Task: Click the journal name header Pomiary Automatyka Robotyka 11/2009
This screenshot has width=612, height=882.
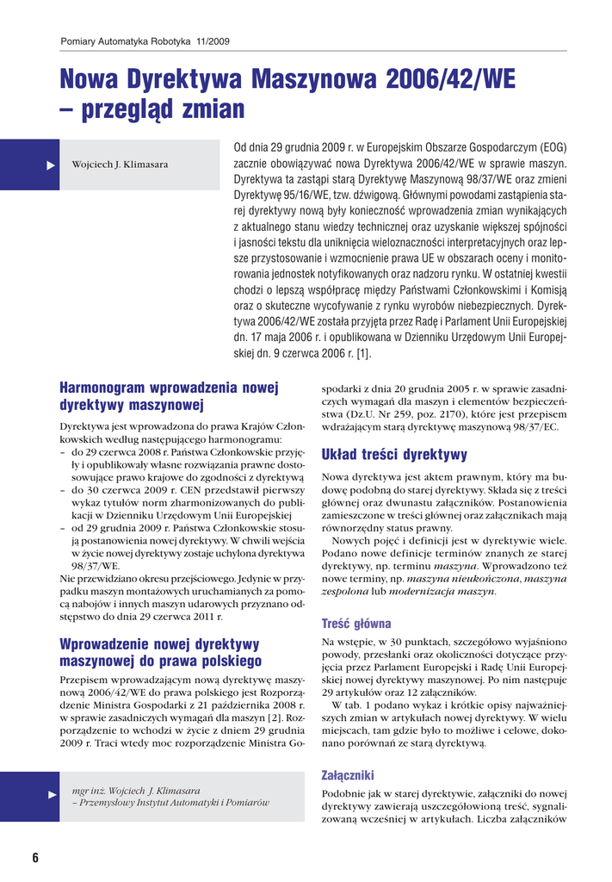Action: tap(145, 40)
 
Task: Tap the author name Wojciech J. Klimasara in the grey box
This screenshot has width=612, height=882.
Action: tap(120, 165)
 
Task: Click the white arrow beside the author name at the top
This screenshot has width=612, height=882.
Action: tap(50, 164)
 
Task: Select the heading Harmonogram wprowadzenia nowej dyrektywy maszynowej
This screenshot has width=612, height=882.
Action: tap(169, 396)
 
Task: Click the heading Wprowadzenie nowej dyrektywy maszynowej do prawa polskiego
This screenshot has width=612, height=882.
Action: tap(160, 652)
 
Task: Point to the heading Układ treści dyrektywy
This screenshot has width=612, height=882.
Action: tap(394, 454)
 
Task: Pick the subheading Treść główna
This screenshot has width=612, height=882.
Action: tap(356, 623)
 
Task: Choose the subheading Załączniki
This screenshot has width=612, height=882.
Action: tap(347, 775)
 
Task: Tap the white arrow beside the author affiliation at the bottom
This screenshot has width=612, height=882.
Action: tap(50, 792)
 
